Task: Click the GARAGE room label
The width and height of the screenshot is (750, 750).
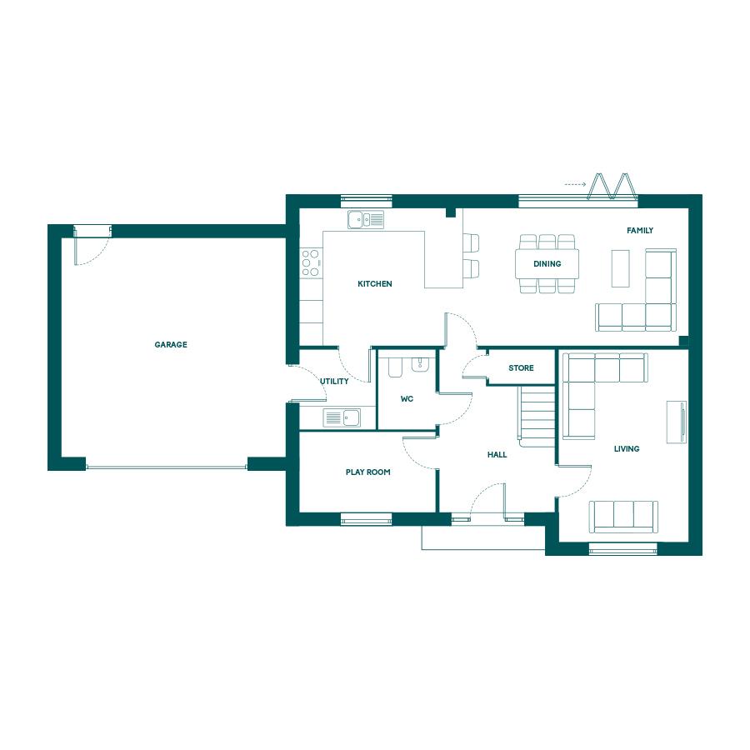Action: pos(171,344)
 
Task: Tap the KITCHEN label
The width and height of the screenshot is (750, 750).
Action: pos(375,283)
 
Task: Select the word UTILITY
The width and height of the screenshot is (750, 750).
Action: pos(334,381)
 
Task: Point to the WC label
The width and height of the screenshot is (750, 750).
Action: pos(407,398)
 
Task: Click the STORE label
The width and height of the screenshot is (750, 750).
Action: pos(521,367)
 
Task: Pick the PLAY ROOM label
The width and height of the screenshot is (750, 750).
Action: pos(367,472)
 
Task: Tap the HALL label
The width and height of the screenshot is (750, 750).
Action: pos(497,454)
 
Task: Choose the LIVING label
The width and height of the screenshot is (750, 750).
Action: pos(627,448)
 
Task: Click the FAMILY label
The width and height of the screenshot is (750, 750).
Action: pos(640,231)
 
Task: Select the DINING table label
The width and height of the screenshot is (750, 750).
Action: pos(547,263)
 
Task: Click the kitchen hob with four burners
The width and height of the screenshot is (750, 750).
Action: pos(311,262)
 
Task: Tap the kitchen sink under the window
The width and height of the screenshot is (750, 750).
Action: pos(366,219)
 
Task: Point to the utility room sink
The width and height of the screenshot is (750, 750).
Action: pos(342,417)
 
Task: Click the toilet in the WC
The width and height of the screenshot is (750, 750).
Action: pos(395,367)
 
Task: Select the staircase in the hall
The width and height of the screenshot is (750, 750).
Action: pos(537,416)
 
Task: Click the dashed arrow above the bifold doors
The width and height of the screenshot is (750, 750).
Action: pos(575,184)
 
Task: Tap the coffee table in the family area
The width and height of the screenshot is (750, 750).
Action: pos(620,268)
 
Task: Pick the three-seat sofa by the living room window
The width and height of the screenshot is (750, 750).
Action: pos(623,517)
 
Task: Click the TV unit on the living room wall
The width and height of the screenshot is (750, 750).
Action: pos(677,422)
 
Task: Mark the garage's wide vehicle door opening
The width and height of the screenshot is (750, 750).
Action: pos(167,467)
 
